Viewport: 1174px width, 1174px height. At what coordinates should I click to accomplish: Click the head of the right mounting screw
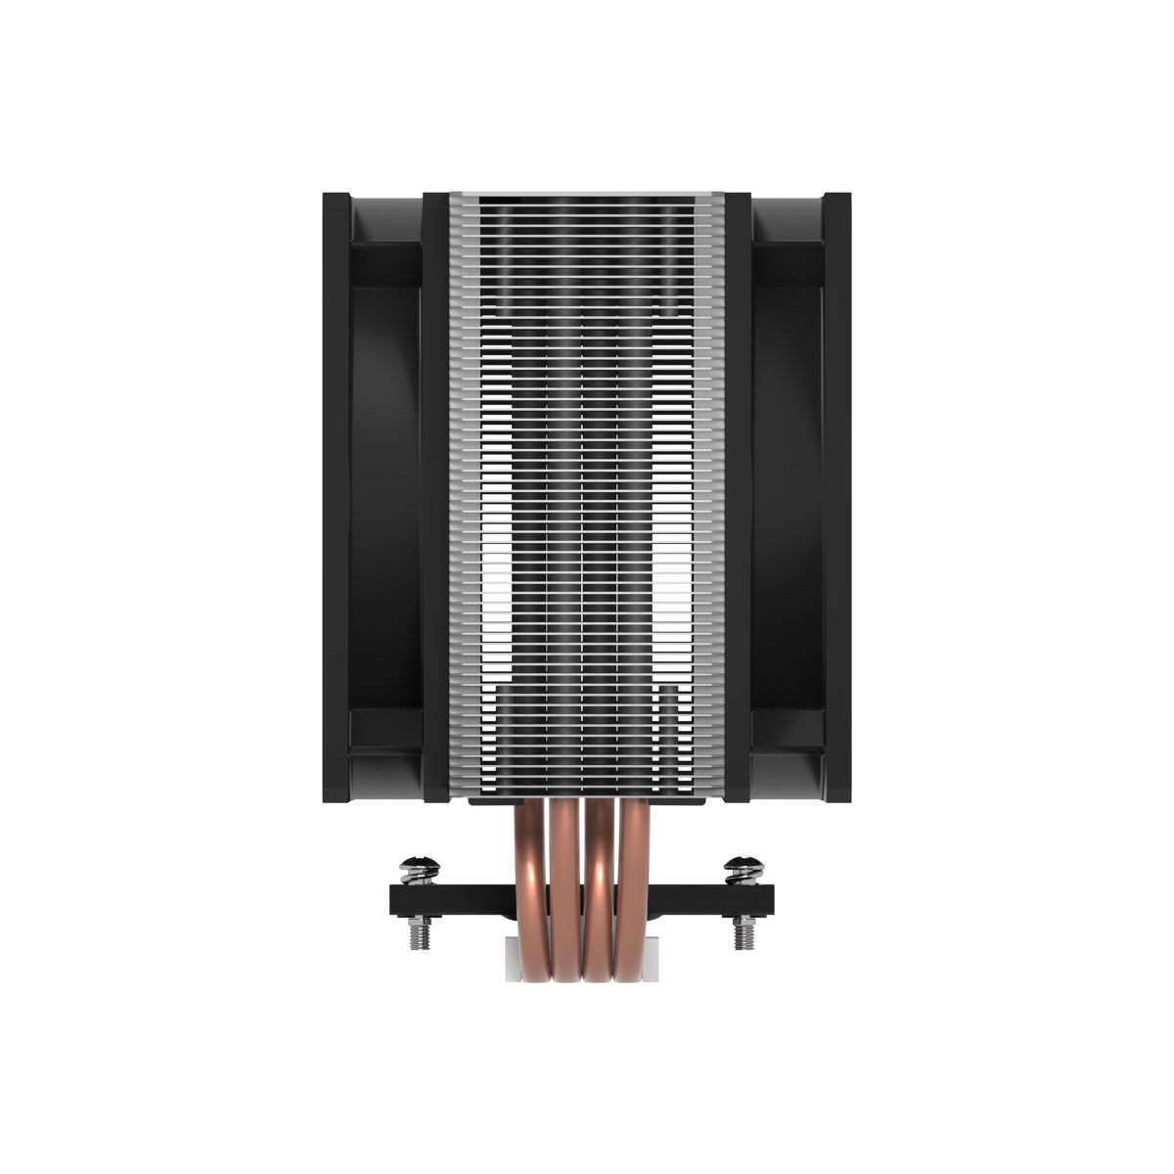[x=744, y=864]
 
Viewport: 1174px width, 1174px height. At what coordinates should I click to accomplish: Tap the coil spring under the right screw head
[x=744, y=878]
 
